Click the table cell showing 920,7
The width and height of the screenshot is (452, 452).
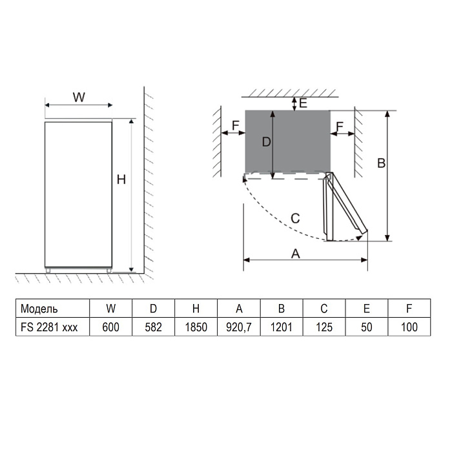click(x=239, y=327)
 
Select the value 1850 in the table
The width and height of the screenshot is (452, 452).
click(x=196, y=327)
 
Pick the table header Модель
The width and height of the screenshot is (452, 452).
click(x=39, y=309)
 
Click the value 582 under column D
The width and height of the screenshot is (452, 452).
click(x=154, y=327)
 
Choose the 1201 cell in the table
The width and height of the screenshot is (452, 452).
click(x=282, y=327)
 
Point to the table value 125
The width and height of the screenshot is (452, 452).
click(x=324, y=327)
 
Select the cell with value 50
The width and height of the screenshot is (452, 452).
click(x=366, y=327)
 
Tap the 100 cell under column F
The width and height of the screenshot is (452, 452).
click(x=409, y=327)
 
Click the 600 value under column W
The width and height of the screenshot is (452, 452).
click(x=110, y=327)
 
